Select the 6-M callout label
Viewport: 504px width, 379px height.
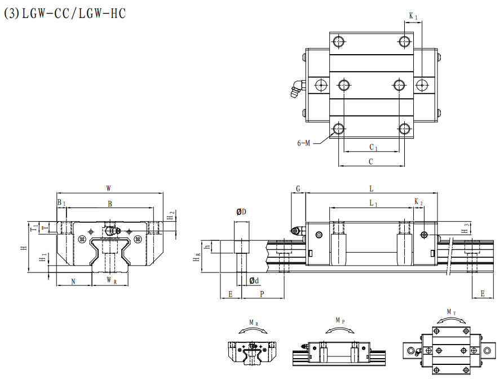tap(304, 143)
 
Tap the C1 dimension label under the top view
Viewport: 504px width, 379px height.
tap(373, 147)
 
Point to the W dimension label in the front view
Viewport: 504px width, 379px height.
tap(109, 188)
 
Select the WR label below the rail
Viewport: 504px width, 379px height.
tap(111, 280)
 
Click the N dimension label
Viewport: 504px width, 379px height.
tap(73, 280)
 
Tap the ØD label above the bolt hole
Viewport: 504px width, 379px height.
tap(241, 212)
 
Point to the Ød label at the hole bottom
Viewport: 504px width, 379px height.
tap(254, 280)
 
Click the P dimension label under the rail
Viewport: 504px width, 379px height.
tap(262, 294)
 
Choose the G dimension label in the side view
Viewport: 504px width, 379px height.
tap(298, 189)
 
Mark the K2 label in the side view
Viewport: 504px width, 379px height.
tap(418, 202)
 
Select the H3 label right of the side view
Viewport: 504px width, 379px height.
tap(465, 228)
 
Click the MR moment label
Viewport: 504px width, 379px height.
tap(253, 323)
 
